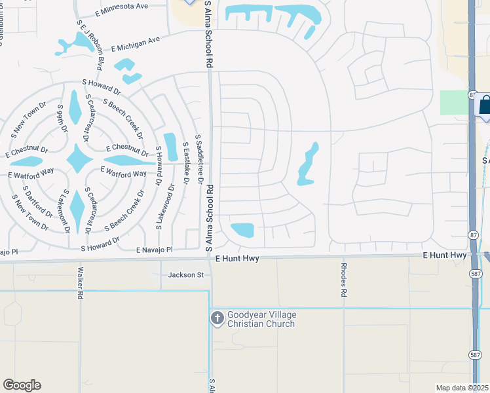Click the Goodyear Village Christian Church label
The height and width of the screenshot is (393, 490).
click(x=261, y=320)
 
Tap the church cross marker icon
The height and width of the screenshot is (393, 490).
click(x=217, y=318)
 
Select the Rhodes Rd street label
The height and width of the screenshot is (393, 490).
click(x=343, y=280)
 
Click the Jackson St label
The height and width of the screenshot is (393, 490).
click(x=186, y=275)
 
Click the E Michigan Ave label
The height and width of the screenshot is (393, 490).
click(x=135, y=44)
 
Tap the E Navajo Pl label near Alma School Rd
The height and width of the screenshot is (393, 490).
click(x=154, y=250)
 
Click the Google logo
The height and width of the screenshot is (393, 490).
click(x=22, y=385)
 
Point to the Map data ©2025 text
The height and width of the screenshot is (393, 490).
click(x=462, y=388)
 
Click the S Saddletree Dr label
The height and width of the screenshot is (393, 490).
click(x=200, y=161)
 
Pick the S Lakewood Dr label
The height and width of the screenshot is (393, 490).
click(x=159, y=206)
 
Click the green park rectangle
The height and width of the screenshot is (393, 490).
click(x=453, y=103)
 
